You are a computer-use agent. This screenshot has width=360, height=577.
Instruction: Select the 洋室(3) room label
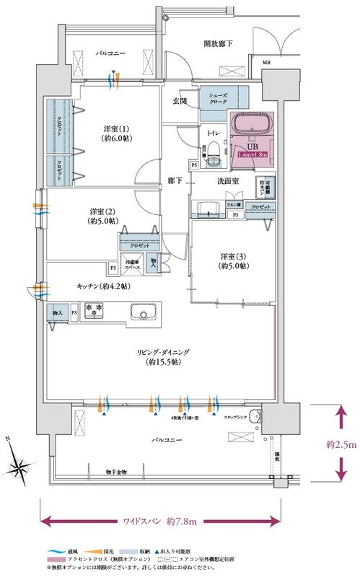point(234,260)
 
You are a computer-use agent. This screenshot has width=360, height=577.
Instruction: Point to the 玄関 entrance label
point(180,100)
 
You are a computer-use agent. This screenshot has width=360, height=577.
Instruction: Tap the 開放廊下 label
point(219,44)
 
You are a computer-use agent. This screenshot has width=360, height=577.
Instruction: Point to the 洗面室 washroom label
point(228,182)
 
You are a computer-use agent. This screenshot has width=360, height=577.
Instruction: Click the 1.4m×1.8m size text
point(250,154)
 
